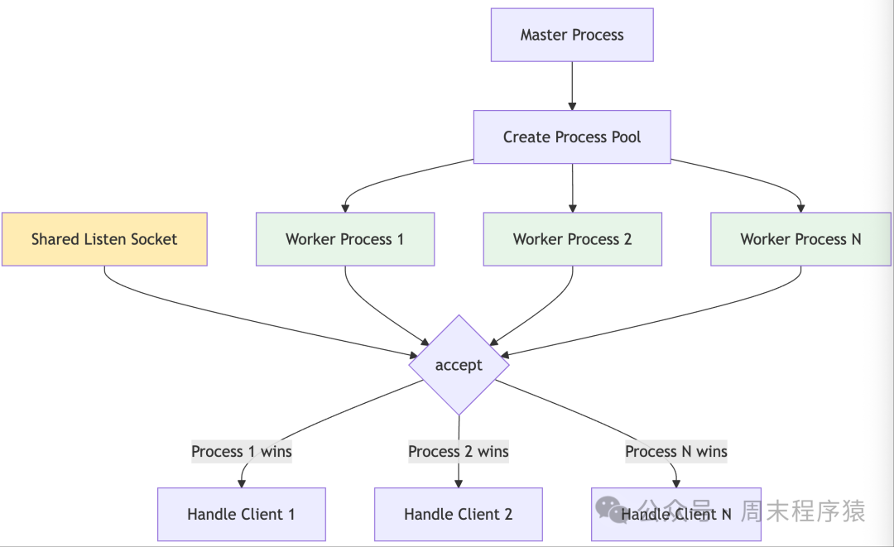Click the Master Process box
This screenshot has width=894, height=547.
pyautogui.click(x=572, y=35)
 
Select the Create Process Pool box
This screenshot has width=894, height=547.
pyautogui.click(x=572, y=137)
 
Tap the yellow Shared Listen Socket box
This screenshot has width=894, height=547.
pyautogui.click(x=104, y=239)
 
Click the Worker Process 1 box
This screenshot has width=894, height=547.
pyautogui.click(x=345, y=239)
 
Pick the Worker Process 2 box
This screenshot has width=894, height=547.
pyautogui.click(x=572, y=239)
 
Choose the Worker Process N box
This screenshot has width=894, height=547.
pyautogui.click(x=800, y=239)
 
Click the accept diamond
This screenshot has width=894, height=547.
pyautogui.click(x=459, y=365)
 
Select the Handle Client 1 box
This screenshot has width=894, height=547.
pyautogui.click(x=241, y=514)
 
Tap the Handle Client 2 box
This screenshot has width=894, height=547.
pyautogui.click(x=458, y=514)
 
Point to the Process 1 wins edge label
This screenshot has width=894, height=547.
pyautogui.click(x=241, y=451)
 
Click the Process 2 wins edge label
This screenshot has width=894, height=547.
pyautogui.click(x=458, y=451)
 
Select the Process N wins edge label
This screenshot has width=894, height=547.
pyautogui.click(x=675, y=451)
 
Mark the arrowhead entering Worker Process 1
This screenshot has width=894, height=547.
pyautogui.click(x=345, y=208)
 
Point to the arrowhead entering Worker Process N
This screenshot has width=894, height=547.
pyautogui.click(x=800, y=208)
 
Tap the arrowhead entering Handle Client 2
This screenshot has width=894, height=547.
pyautogui.click(x=458, y=482)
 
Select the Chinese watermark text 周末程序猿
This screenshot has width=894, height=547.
pyautogui.click(x=803, y=511)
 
